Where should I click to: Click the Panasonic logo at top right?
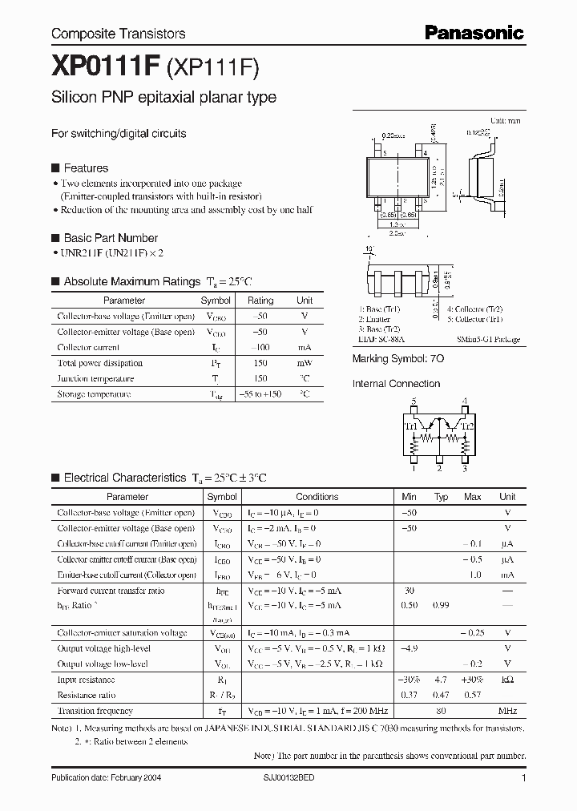[x=474, y=32]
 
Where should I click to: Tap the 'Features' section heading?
[x=86, y=168]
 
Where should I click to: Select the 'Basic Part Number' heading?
[x=111, y=238]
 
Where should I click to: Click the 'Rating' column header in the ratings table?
[x=260, y=301]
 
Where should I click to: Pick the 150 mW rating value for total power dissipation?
[x=260, y=363]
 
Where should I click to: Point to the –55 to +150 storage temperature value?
[x=260, y=394]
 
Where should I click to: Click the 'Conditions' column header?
[x=317, y=497]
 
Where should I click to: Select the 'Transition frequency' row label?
[x=95, y=711]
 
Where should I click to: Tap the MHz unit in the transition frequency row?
[x=507, y=711]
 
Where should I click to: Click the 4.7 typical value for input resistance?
[x=440, y=679]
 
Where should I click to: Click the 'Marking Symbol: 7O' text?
[x=398, y=361]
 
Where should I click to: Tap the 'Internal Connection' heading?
[x=396, y=384]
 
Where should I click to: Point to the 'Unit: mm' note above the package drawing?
[x=505, y=119]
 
